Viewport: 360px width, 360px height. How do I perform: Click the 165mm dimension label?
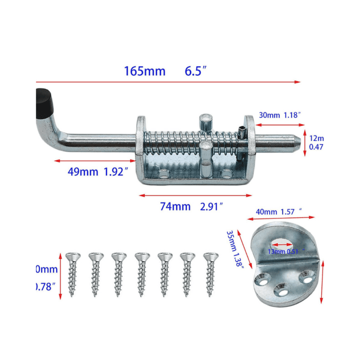(144, 71)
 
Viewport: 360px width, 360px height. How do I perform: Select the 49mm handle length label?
(82, 172)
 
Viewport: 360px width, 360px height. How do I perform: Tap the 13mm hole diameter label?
(277, 251)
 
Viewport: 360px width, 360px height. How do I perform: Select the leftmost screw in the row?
(73, 274)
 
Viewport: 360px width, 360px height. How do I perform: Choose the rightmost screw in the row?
(211, 274)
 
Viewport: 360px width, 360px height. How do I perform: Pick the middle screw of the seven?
(142, 274)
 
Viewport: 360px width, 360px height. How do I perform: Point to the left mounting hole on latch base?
(164, 174)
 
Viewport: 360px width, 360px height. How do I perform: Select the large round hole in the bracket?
(283, 243)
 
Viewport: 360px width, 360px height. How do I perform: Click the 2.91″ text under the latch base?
(210, 206)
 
